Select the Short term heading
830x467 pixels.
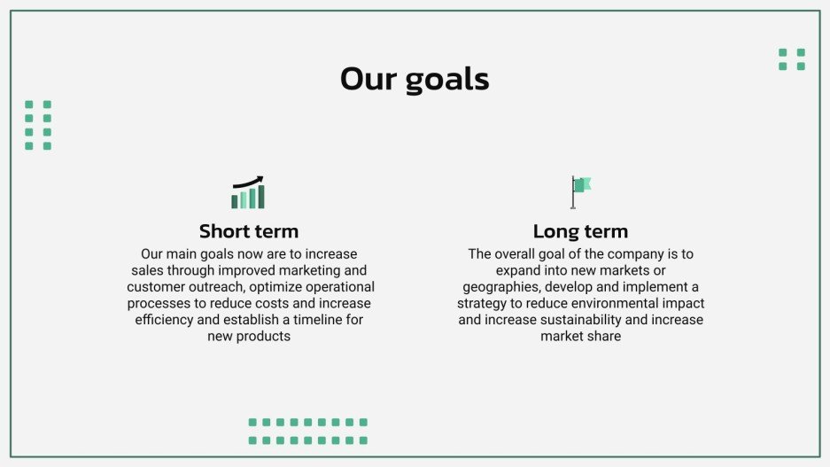point(249,231)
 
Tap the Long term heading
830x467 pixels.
point(580,231)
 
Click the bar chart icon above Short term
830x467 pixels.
point(248,193)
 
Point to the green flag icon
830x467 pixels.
point(582,185)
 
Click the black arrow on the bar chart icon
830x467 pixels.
point(249,181)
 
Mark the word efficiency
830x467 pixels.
point(165,320)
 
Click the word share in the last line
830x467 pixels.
point(603,337)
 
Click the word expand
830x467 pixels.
point(518,270)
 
